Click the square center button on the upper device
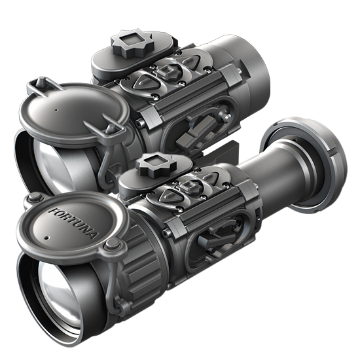(167, 71)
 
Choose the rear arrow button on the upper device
(188, 61)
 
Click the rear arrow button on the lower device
(208, 177)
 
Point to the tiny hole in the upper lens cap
(56, 110)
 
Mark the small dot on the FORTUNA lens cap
(48, 238)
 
